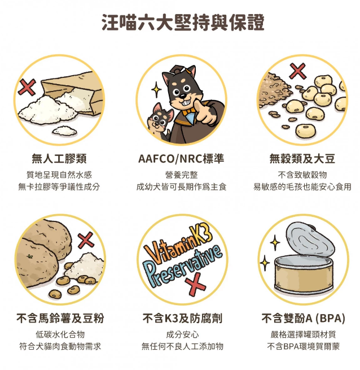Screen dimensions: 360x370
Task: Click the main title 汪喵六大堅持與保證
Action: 183,23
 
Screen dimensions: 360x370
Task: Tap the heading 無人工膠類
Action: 59,158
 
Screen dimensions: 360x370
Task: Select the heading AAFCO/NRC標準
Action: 181,158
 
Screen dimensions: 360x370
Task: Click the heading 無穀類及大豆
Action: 302,158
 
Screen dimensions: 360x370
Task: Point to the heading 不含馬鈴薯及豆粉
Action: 60,318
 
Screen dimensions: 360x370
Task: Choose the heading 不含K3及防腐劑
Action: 182,318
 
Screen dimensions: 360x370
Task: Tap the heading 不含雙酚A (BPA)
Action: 303,318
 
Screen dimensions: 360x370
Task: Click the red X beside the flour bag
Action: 27,86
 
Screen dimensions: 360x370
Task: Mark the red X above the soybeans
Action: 298,71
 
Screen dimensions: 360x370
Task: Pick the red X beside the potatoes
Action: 86,240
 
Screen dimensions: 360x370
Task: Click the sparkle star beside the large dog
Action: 156,89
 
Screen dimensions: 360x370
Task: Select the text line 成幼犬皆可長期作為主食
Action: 181,187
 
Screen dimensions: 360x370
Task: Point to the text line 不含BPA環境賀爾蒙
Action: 303,346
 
